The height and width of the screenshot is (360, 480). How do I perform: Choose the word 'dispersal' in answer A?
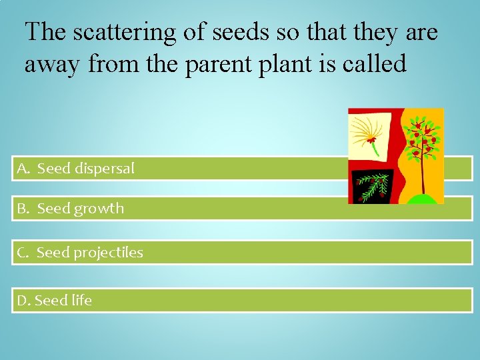pyautogui.click(x=104, y=169)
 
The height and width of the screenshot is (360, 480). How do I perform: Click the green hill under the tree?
pyautogui.click(x=422, y=199)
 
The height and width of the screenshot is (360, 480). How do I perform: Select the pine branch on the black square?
pyautogui.click(x=373, y=183)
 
